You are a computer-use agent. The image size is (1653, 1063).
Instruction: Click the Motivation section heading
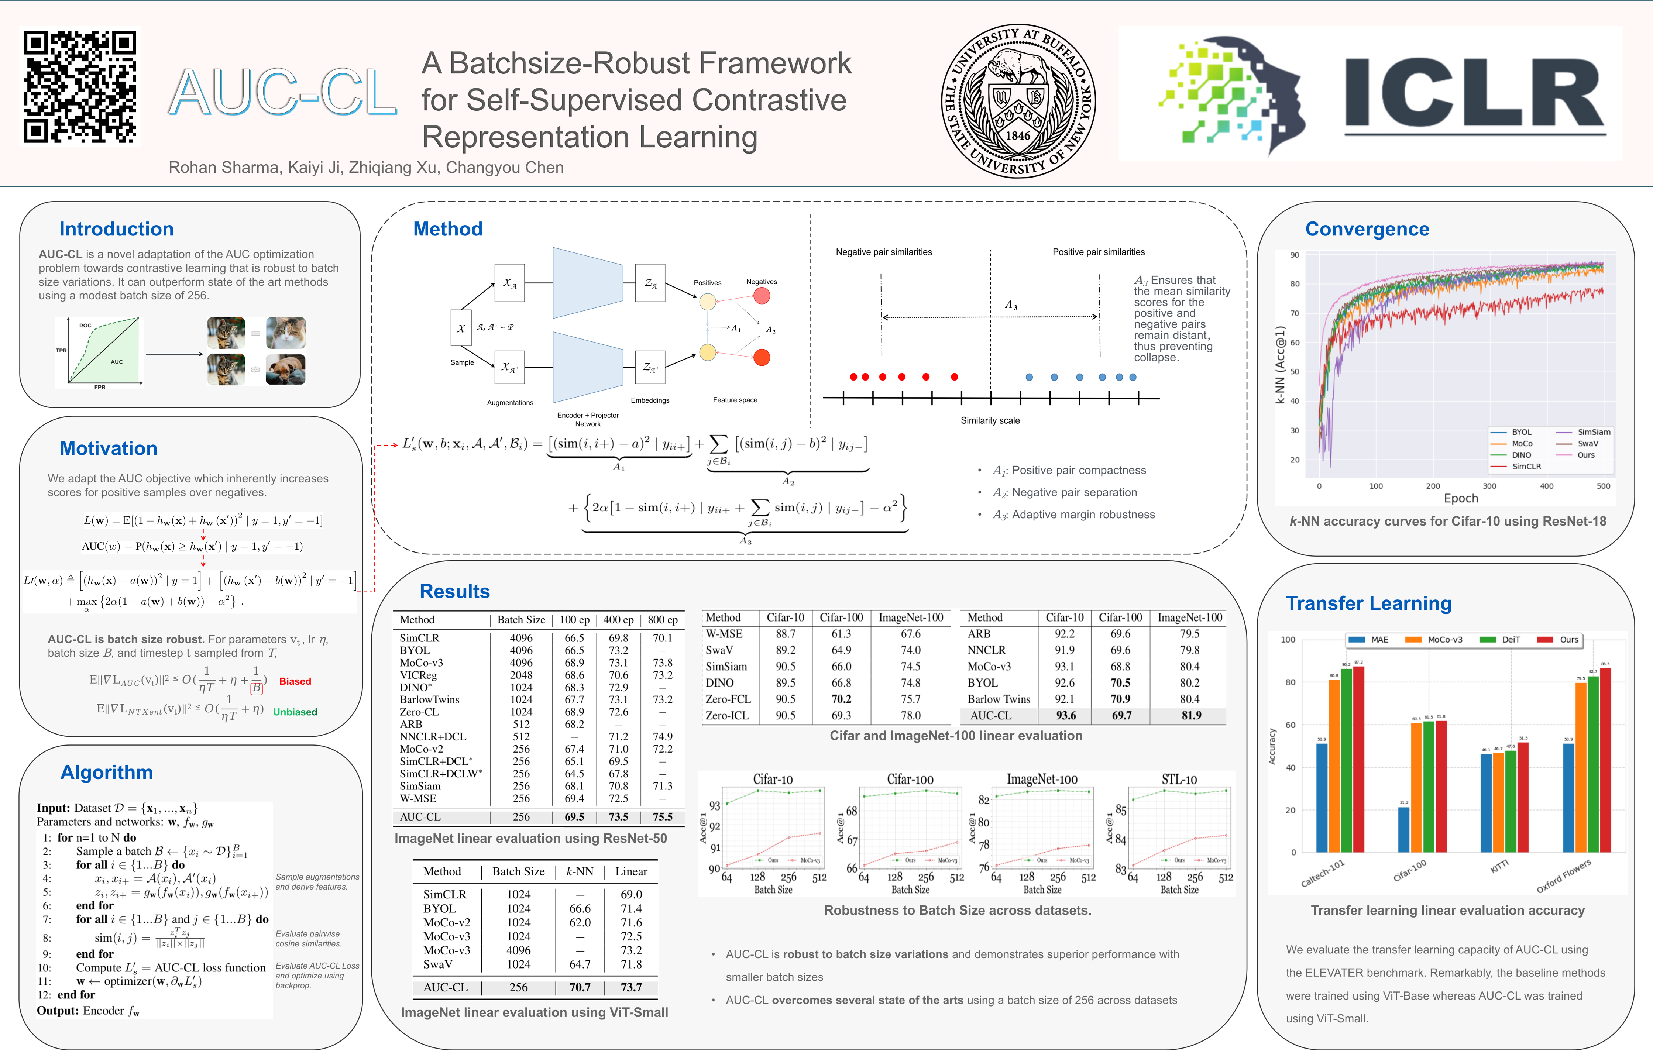pos(109,449)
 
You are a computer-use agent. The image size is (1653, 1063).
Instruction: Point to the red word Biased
pos(295,681)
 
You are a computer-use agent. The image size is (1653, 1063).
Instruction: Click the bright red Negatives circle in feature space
pos(761,358)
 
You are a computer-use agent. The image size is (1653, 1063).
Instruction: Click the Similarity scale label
pos(990,420)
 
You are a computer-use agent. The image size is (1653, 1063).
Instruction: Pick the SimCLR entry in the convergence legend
pos(1526,467)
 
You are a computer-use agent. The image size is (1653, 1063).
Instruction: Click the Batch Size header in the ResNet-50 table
pos(521,620)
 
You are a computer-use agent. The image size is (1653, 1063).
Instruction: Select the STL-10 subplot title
pos(1179,779)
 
